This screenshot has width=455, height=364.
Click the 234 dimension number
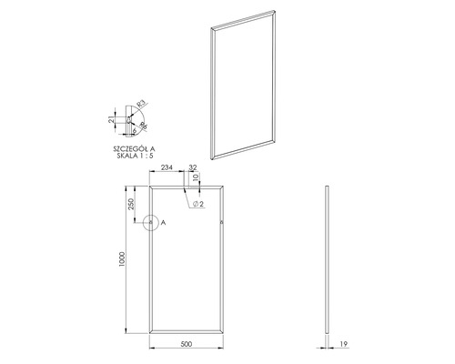click(167, 168)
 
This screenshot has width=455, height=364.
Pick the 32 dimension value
click(193, 168)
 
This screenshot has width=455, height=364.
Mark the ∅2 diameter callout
click(197, 206)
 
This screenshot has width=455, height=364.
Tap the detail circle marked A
click(149, 221)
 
